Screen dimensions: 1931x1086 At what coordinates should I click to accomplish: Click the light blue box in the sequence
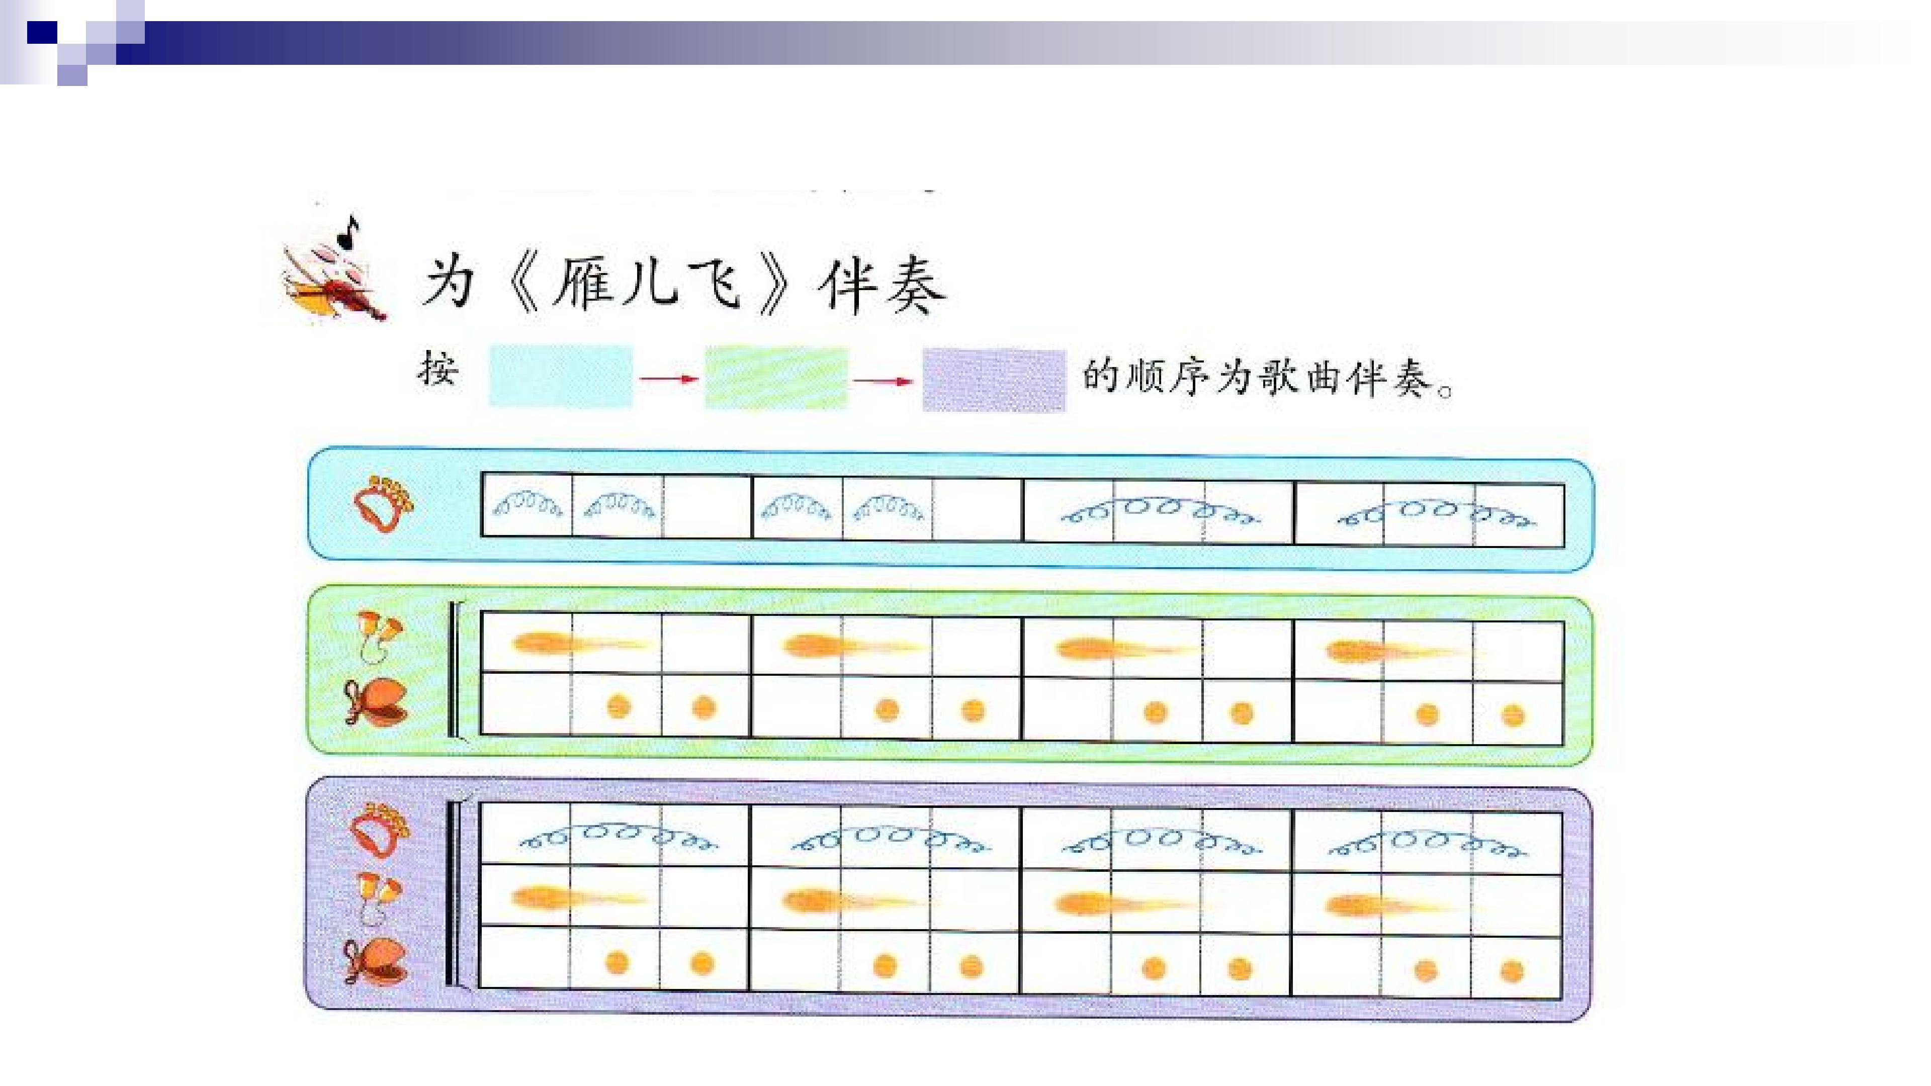click(561, 376)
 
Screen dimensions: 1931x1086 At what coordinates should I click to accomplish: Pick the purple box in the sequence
click(994, 380)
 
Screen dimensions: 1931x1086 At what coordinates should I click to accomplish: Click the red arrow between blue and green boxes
click(669, 379)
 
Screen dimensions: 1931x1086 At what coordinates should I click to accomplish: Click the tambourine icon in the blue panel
click(384, 504)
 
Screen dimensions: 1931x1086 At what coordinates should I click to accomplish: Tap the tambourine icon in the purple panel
click(381, 831)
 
